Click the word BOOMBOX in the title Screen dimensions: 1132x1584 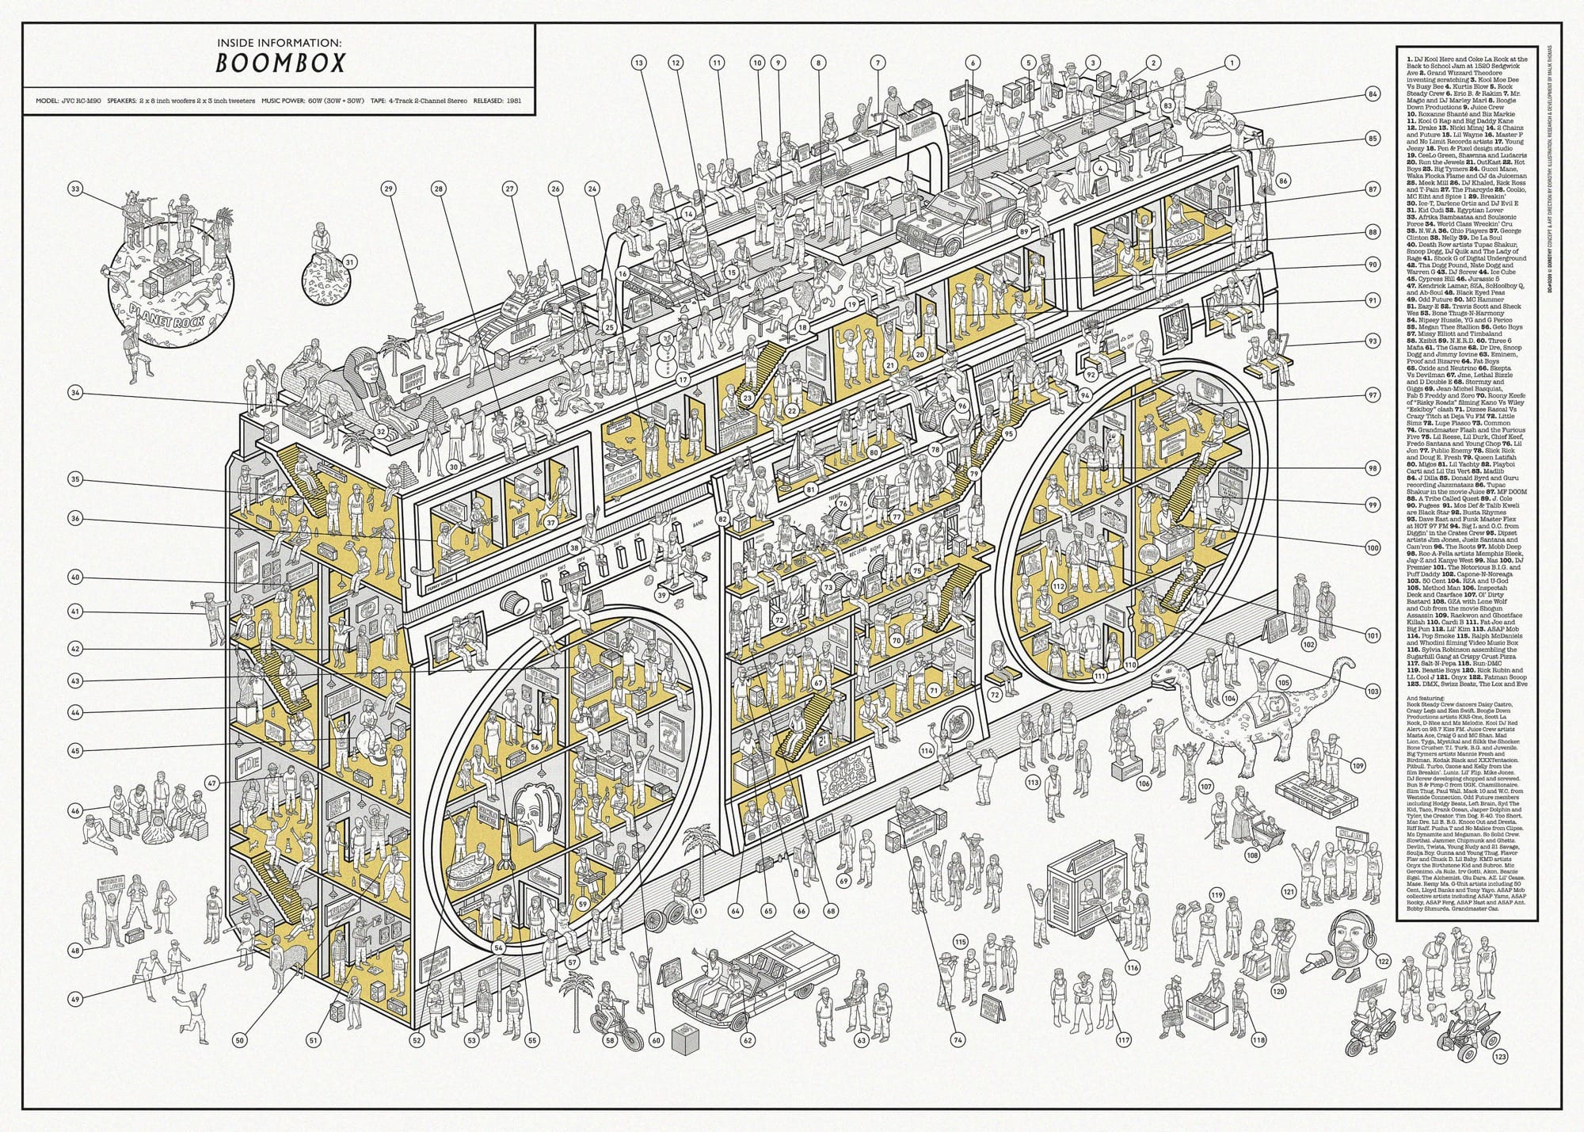pos(280,63)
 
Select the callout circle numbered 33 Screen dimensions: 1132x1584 pos(76,189)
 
